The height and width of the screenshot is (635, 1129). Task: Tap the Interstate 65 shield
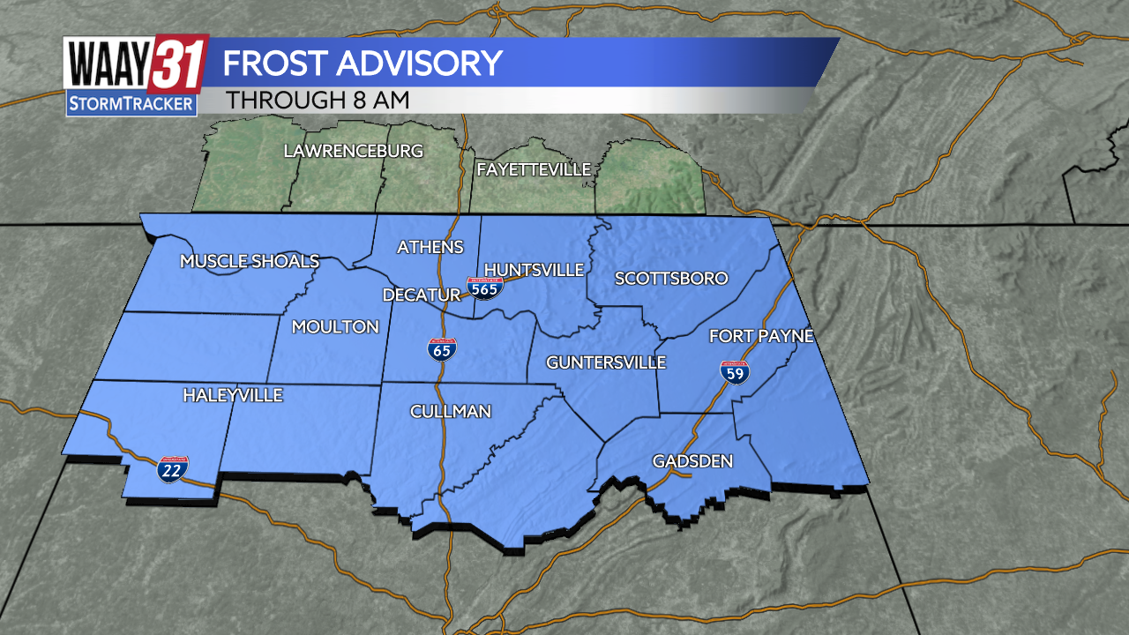[x=442, y=350]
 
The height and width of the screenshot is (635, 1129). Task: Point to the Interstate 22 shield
[x=172, y=469]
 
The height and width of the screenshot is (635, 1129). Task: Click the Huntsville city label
[x=535, y=270]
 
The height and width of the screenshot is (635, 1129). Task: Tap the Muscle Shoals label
[x=250, y=261]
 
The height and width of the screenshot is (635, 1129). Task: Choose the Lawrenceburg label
[x=353, y=151]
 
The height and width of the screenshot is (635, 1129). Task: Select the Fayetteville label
[x=534, y=169]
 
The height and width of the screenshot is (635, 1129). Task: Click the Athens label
[x=430, y=247]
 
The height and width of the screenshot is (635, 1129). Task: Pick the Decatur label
[x=422, y=295]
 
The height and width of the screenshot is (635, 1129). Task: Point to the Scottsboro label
[x=671, y=279]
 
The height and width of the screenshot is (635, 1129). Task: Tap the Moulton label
[x=335, y=327]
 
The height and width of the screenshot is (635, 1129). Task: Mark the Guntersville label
[x=606, y=362]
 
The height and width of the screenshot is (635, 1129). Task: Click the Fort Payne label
[x=761, y=336]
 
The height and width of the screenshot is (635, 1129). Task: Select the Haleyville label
[x=233, y=395]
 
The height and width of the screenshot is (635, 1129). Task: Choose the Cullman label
[x=451, y=412]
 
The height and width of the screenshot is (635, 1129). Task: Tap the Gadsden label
[x=692, y=461]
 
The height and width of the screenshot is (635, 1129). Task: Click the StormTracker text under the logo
[x=131, y=104]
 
